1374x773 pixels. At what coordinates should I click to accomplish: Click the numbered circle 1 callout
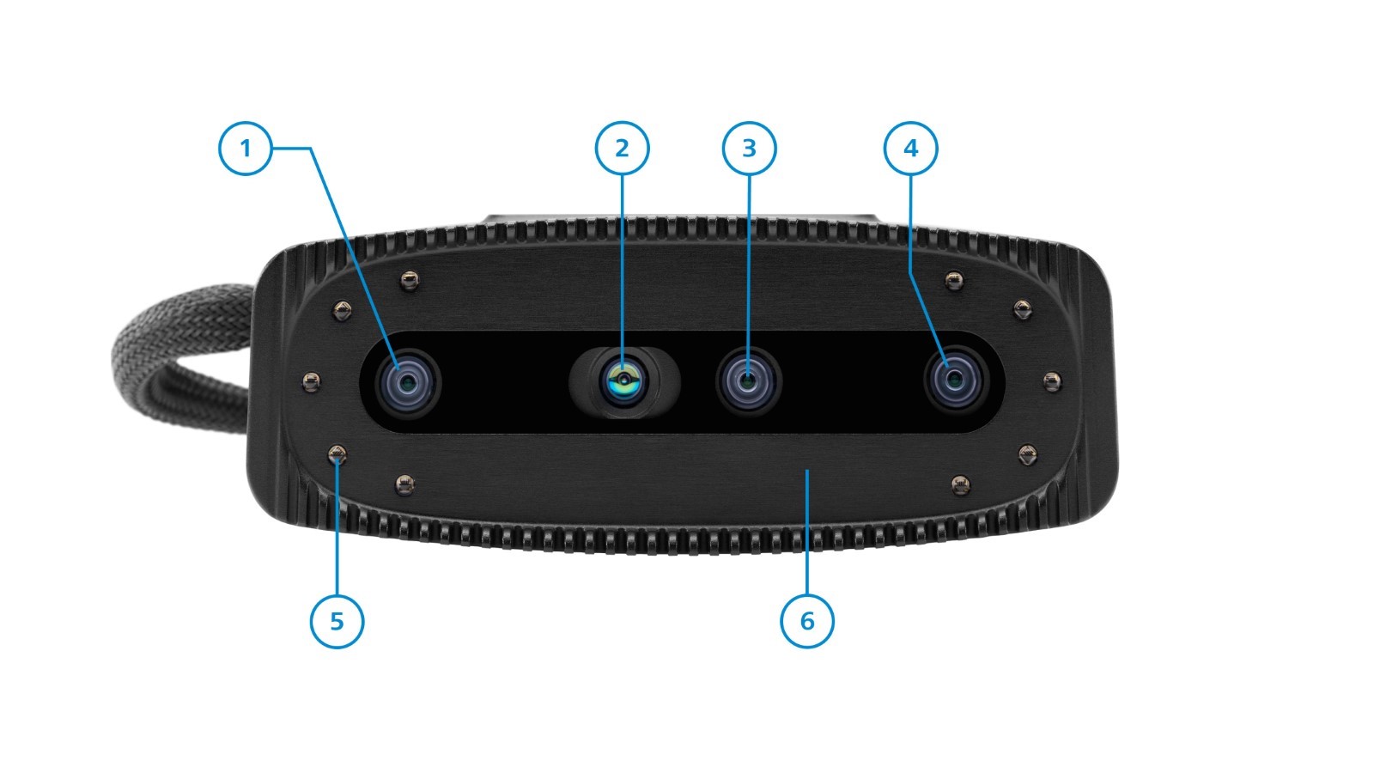coord(246,149)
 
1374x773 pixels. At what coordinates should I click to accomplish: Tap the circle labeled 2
coord(622,149)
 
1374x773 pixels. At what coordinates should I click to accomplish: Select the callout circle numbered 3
coord(749,149)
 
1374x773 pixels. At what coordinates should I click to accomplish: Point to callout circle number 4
coord(910,149)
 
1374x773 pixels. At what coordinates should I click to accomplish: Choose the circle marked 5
coord(337,622)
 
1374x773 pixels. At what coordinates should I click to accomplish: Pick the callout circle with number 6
coord(806,622)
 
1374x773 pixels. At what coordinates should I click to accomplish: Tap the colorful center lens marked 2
coord(623,381)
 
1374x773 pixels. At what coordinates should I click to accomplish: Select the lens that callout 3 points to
coord(748,381)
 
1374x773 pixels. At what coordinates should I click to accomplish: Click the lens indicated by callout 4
coord(955,381)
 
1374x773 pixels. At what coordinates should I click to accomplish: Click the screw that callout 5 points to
coord(337,455)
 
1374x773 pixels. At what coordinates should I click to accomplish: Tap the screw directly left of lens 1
coord(311,381)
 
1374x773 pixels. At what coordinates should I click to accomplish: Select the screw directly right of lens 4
coord(1052,381)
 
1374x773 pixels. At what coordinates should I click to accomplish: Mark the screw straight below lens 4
coord(961,485)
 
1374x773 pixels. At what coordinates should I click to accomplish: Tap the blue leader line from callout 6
coord(807,532)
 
